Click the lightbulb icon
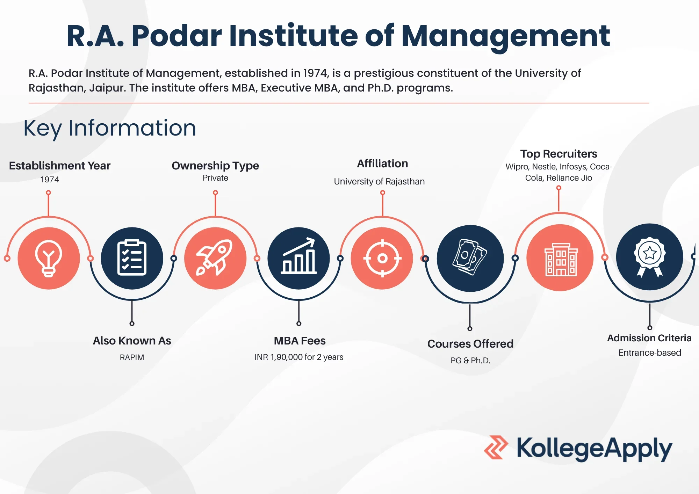tap(49, 259)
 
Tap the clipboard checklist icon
tap(132, 258)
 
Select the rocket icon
tap(215, 257)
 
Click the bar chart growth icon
tap(299, 256)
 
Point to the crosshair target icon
tap(382, 258)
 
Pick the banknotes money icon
tap(470, 257)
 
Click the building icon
tap(561, 260)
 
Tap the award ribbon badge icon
tap(649, 257)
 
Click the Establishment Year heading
tap(60, 166)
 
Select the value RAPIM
tap(132, 357)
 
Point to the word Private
tap(215, 178)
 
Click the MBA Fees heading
tap(300, 341)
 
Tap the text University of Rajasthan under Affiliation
tap(379, 182)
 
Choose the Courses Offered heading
tap(470, 344)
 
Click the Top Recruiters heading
tap(559, 154)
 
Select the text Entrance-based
tap(650, 353)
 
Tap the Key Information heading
tap(110, 128)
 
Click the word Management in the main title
tap(506, 37)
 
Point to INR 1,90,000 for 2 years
tap(299, 357)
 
